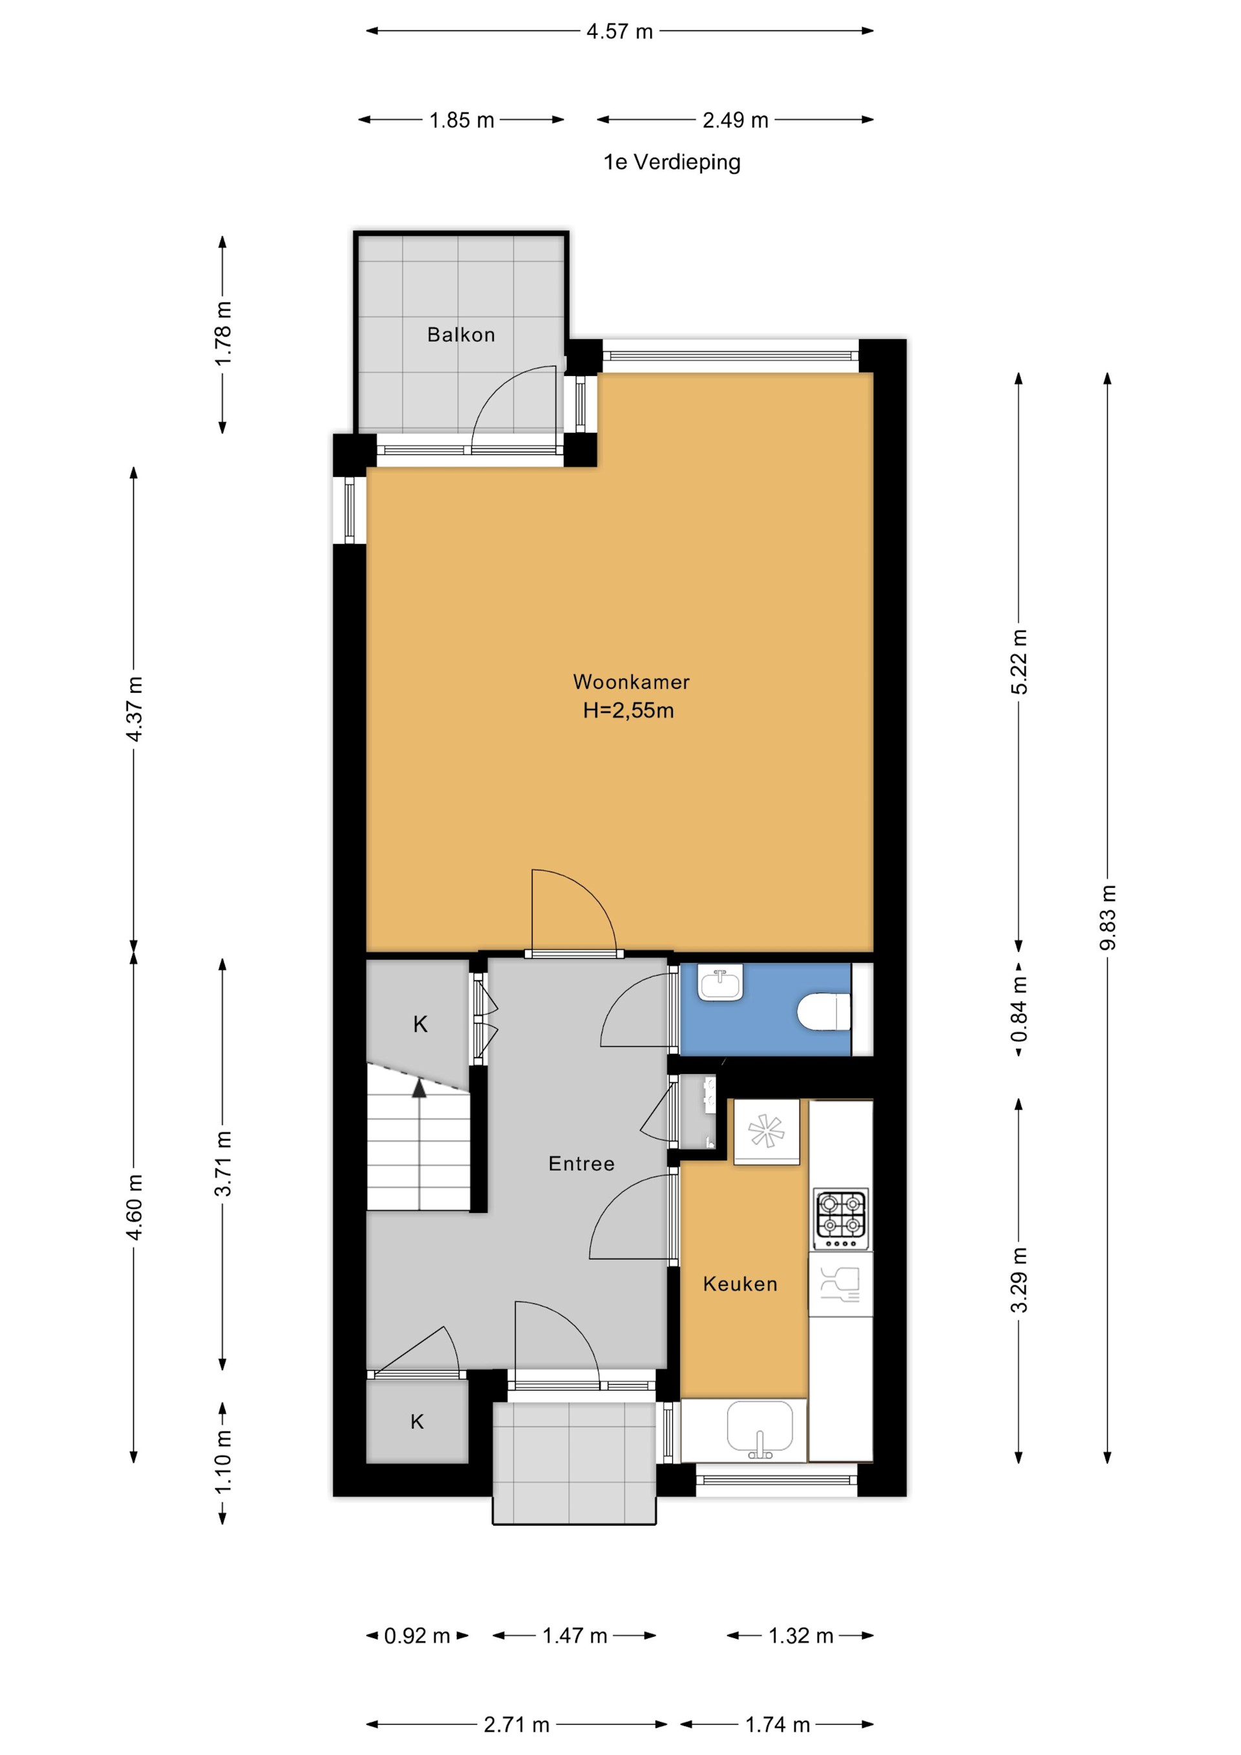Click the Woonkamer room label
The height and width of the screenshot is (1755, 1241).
pos(631,682)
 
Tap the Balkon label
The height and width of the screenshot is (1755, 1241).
pos(461,335)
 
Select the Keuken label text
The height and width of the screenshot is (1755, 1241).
pos(740,1284)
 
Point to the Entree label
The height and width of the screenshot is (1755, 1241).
pos(581,1163)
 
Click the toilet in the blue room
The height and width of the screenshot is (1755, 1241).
pos(823,1012)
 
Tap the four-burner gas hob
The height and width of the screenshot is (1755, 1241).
pos(841,1214)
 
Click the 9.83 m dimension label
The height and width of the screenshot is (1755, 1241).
pos(1108,918)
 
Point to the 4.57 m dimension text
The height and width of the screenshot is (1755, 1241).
pos(619,31)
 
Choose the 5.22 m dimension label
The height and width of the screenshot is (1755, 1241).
pos(1019,662)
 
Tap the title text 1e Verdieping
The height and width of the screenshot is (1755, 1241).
pos(672,162)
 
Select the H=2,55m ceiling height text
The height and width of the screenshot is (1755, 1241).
pos(628,711)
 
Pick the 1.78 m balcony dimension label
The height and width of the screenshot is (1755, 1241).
pos(222,334)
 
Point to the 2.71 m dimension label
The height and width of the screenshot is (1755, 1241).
pos(516,1725)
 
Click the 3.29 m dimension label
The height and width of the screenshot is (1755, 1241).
pos(1019,1279)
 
